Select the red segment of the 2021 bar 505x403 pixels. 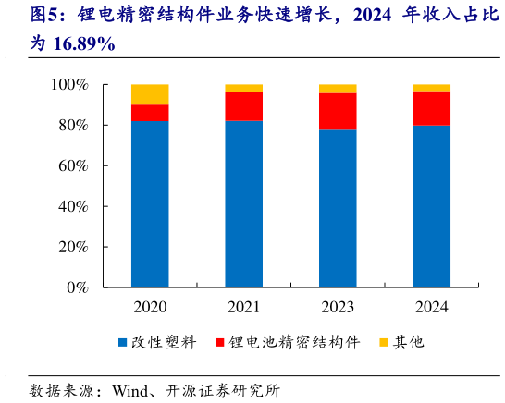tap(243, 106)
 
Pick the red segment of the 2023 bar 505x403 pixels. tap(338, 111)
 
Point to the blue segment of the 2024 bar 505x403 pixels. tap(431, 206)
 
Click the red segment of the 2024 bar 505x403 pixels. tap(431, 108)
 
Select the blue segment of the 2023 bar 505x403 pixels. tap(338, 208)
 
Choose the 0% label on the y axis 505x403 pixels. tap(76, 287)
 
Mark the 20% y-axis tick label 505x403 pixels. tap(71, 248)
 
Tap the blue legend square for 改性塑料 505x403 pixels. tap(122, 343)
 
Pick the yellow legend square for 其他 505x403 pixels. tap(383, 343)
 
